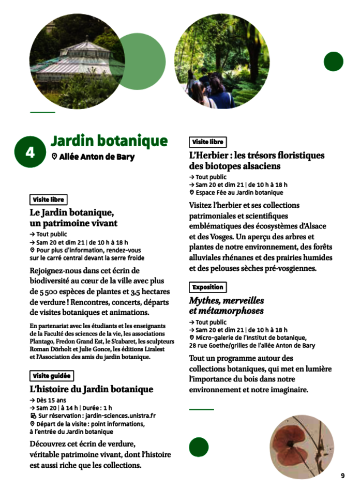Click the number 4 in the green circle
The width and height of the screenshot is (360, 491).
pos(30,152)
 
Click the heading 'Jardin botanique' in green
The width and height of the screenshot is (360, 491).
pos(109,141)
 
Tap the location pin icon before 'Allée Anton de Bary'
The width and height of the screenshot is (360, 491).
pos(54,157)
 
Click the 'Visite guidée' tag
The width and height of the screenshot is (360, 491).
pos(52,376)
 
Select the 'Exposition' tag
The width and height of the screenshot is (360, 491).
pos(207,287)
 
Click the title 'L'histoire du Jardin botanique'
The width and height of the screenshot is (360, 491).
pos(92,389)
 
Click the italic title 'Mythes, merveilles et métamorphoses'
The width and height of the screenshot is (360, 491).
pos(227,305)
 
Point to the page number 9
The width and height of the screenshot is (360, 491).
pos(342,475)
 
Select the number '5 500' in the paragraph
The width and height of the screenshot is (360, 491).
pos(40,292)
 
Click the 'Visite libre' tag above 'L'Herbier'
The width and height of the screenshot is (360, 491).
pos(207,142)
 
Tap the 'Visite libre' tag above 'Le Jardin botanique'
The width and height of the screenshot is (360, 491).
pos(48,200)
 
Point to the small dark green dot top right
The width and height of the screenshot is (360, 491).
pos(334,62)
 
